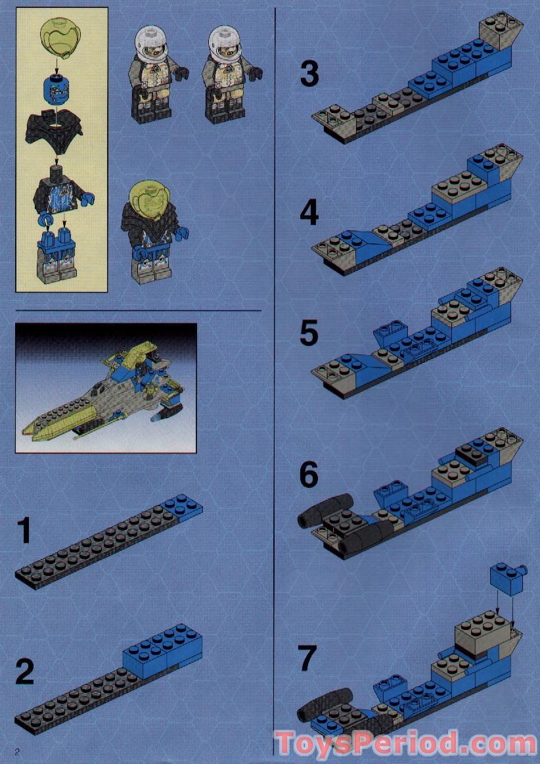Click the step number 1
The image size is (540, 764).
click(24, 531)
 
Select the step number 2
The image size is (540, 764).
click(24, 672)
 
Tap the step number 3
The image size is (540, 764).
click(309, 74)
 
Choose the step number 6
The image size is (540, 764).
click(309, 475)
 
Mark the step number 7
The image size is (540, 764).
click(307, 657)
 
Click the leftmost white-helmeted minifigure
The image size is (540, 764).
click(153, 74)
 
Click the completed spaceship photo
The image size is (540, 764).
click(106, 388)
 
